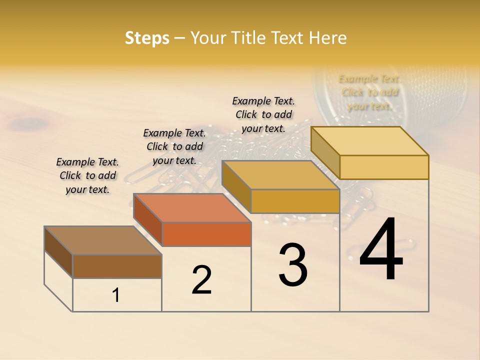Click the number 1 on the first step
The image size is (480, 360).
tap(116, 295)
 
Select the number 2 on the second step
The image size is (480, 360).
tap(201, 280)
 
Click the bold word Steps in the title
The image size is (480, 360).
tap(147, 38)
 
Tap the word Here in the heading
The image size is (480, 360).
tap(327, 38)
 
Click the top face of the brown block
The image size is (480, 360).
tap(102, 240)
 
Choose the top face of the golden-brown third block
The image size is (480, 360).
tap(280, 175)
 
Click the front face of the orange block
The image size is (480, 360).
tap(206, 234)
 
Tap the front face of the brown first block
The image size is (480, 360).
tap(117, 266)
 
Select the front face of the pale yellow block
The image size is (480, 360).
tap(384, 167)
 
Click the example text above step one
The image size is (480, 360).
tap(87, 175)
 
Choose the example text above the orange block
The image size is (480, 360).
tap(174, 146)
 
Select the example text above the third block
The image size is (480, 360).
tap(263, 114)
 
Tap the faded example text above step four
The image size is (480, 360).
tap(369, 92)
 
